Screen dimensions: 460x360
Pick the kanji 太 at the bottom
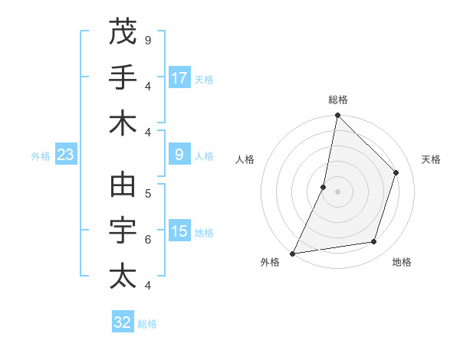coord(123,276)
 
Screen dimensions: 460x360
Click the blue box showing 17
coord(179,78)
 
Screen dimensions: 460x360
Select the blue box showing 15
coord(179,231)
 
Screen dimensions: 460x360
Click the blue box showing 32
coord(123,322)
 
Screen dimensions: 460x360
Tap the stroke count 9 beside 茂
coord(147,40)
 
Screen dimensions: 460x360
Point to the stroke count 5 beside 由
coord(147,193)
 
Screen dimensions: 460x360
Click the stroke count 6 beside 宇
coord(147,239)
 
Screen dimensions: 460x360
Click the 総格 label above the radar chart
coord(337,100)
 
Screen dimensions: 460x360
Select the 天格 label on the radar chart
coord(431,159)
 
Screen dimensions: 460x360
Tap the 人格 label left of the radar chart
coord(245,159)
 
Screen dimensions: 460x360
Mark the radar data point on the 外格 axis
coord(292,253)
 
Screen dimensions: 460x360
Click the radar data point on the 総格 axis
coord(337,115)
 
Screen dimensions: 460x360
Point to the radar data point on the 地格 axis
coord(374,242)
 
